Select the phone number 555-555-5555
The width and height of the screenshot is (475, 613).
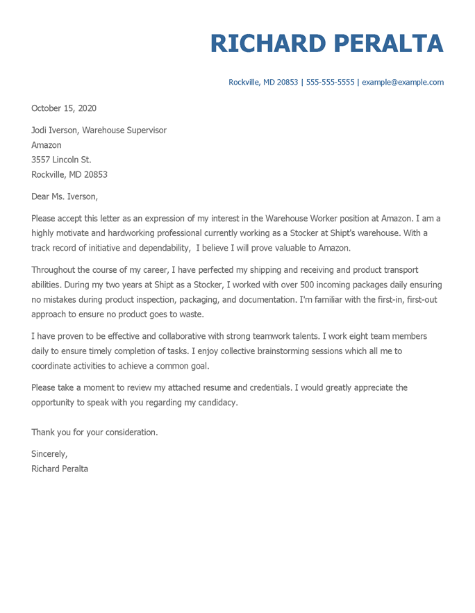tap(330, 82)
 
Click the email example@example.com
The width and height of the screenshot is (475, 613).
tap(403, 82)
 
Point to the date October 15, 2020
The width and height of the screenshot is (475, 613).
tap(64, 108)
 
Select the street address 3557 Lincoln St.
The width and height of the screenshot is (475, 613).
tap(61, 160)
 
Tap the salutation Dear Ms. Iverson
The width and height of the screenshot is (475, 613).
tap(65, 196)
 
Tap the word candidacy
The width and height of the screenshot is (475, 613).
tap(215, 402)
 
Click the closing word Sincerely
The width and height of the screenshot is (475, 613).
tap(49, 454)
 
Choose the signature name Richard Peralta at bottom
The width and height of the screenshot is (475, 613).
tap(60, 469)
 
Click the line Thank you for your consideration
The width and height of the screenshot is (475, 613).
tap(94, 432)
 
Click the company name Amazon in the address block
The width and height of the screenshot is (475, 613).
tap(47, 145)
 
